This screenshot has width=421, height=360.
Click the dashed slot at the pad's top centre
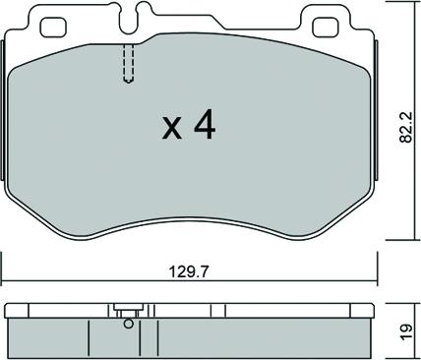coord(125,66)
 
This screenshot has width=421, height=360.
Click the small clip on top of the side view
coord(125,307)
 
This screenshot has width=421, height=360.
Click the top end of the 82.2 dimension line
coord(396,4)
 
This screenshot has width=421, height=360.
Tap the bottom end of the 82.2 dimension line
coord(396,237)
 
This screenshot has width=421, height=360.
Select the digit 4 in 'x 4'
coord(205,125)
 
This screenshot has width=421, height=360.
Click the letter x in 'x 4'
coord(172,128)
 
